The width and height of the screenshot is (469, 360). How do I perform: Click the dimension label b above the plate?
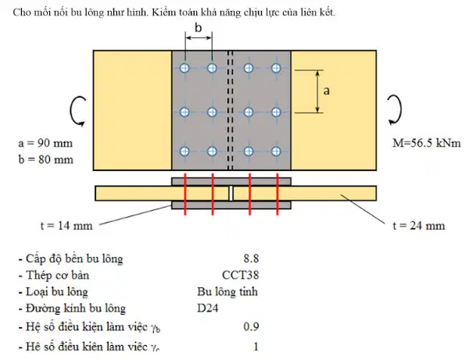[x=198, y=27]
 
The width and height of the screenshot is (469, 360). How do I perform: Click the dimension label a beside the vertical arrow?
[x=326, y=91]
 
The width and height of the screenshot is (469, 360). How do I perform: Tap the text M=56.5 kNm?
[x=427, y=143]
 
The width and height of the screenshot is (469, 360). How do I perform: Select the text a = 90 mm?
[x=45, y=143]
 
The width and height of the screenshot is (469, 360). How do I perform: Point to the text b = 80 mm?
[x=45, y=159]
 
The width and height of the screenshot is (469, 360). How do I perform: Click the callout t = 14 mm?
[x=66, y=225]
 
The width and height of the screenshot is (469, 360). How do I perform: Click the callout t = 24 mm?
[x=419, y=225]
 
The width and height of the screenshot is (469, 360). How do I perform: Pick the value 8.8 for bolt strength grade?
[x=251, y=258]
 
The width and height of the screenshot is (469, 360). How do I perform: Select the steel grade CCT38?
[x=240, y=275]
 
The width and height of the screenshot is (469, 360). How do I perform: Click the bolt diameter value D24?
[x=208, y=308]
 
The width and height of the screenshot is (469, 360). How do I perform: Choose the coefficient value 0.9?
[x=251, y=326]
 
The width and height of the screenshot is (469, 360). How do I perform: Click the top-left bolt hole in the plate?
[x=184, y=68]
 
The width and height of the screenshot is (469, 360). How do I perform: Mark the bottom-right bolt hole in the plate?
[x=276, y=151]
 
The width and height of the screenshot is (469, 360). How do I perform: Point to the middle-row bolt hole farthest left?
[x=184, y=112]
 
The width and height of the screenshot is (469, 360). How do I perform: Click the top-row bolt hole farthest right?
[x=276, y=68]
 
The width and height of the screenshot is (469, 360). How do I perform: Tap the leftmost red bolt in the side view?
[x=185, y=194]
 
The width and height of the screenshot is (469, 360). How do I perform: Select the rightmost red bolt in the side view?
[x=277, y=194]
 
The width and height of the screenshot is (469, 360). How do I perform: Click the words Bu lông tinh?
[x=227, y=291]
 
